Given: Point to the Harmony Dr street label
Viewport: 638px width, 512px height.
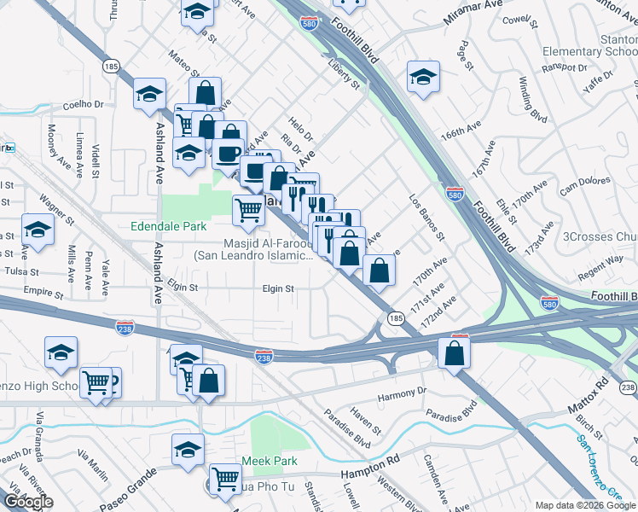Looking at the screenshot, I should (401, 393).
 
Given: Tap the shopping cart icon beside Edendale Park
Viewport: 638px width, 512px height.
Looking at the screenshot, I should (247, 209).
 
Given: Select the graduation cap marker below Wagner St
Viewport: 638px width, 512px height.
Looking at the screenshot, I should (38, 230).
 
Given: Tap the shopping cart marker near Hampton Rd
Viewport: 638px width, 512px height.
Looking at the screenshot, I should (225, 480).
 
